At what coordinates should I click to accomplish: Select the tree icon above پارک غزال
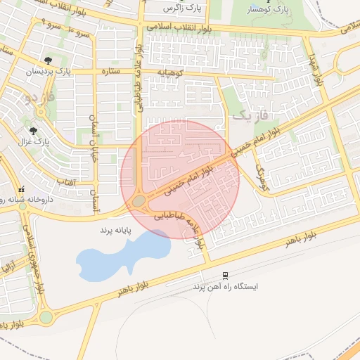[x=33, y=130]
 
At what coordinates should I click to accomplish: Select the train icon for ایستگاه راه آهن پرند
[x=225, y=275]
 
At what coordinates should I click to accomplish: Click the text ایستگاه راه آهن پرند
[x=226, y=287]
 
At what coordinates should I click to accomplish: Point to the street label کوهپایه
[x=169, y=72]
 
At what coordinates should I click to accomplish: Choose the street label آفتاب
[x=65, y=181]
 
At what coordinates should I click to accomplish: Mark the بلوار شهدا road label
[x=314, y=63]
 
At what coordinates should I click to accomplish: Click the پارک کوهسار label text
[x=269, y=11]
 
